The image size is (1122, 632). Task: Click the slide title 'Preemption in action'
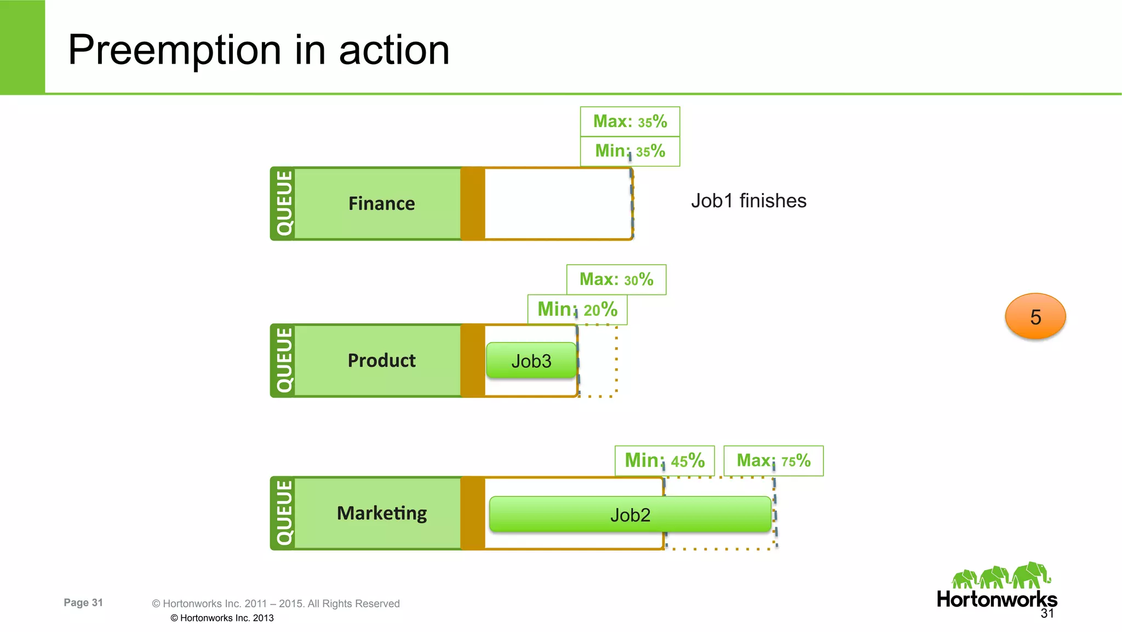pos(259,50)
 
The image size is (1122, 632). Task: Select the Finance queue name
pos(381,203)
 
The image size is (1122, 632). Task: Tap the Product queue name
pos(381,361)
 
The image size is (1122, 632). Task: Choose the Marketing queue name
pos(381,513)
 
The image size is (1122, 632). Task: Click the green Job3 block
pos(531,361)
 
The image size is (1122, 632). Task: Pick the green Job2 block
pos(630,515)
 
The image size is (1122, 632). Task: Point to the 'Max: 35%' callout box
pos(630,121)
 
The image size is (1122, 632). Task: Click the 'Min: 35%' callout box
pos(630,151)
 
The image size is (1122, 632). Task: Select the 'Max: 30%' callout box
pos(616,280)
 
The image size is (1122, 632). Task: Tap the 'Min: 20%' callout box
pos(577,310)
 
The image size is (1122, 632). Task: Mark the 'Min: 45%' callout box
pos(665,460)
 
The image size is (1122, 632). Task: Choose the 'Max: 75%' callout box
pos(773,460)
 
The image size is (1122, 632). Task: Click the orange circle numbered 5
pos(1035,316)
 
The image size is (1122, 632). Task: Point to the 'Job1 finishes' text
pos(748,201)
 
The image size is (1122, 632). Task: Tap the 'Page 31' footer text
pos(83,602)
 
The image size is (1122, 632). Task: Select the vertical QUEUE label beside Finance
pos(284,203)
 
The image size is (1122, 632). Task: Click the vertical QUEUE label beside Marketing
pos(284,513)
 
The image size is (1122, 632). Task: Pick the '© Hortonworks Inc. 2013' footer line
pos(222,618)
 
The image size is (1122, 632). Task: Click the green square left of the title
pos(22,47)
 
